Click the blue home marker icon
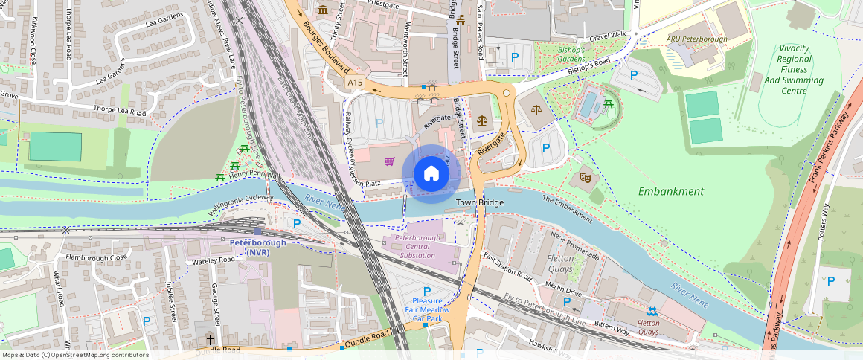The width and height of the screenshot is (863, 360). [431, 173]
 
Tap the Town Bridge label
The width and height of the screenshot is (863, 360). [479, 202]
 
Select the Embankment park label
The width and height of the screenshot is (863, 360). [670, 191]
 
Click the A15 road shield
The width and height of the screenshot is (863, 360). [355, 83]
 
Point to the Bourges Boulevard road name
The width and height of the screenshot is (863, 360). [327, 45]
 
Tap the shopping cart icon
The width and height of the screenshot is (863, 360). [389, 161]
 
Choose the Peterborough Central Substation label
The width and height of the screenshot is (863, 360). [417, 246]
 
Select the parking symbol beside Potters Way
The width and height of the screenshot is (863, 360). [830, 280]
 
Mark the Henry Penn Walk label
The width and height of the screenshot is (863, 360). [255, 175]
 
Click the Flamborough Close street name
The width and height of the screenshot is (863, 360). [97, 258]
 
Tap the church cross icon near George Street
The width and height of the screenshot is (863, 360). [210, 338]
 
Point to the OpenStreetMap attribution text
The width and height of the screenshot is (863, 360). [74, 355]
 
